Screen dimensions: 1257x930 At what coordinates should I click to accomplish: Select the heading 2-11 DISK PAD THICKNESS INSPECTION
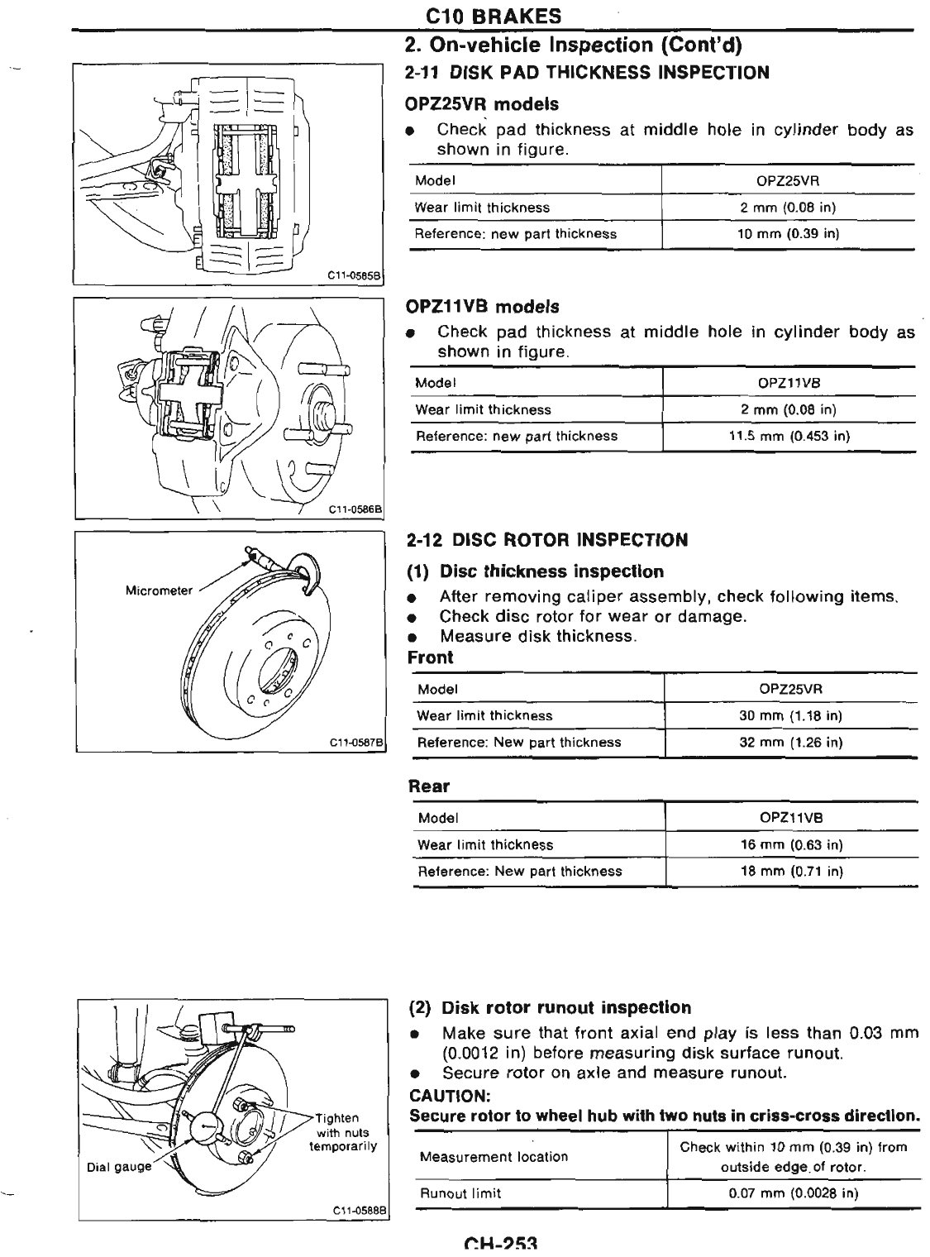(x=587, y=73)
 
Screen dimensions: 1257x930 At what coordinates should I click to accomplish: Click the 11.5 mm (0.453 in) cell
(x=789, y=436)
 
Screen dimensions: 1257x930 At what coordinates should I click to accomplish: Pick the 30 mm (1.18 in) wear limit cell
(x=790, y=715)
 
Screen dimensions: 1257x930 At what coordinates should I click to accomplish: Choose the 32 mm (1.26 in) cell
(x=790, y=742)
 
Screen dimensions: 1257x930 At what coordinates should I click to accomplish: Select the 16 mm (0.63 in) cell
(x=791, y=844)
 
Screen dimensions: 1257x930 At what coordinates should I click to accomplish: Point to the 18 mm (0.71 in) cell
(x=791, y=871)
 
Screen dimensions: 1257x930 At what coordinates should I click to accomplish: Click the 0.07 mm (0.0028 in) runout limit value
(x=793, y=1193)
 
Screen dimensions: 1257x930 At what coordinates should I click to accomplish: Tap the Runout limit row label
(x=460, y=1193)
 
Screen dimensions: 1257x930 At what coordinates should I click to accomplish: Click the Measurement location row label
(x=494, y=1157)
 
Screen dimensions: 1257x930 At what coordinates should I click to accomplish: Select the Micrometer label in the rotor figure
(x=159, y=590)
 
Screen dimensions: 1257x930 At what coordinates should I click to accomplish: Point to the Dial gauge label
(x=119, y=1167)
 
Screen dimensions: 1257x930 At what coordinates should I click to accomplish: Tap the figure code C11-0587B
(x=357, y=743)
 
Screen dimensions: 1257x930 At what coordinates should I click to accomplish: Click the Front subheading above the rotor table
(x=431, y=657)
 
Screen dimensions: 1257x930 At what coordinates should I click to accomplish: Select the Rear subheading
(x=429, y=786)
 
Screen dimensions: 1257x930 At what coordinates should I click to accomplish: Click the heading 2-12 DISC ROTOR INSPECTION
(x=547, y=540)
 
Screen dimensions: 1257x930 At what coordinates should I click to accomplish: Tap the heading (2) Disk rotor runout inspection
(x=550, y=1008)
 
